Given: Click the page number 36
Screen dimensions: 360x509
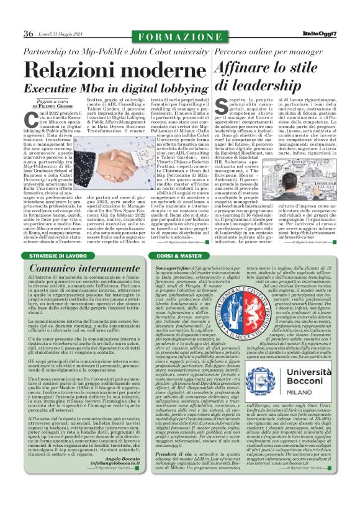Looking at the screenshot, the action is tap(29, 33).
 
